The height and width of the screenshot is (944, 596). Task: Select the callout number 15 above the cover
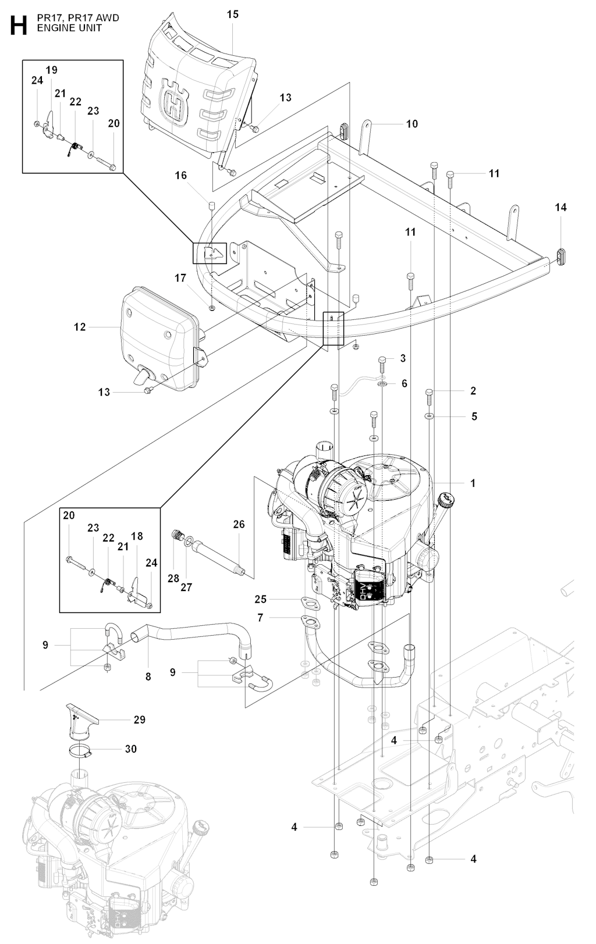(232, 15)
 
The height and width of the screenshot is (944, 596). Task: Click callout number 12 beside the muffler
(80, 327)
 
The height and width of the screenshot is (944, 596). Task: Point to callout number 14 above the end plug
(560, 207)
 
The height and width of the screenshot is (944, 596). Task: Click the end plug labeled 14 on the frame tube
(562, 255)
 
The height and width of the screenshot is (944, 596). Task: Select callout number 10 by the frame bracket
(411, 124)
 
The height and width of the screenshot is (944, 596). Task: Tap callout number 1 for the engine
(473, 483)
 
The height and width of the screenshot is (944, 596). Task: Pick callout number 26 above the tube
(239, 524)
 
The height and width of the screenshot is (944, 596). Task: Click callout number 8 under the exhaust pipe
(148, 676)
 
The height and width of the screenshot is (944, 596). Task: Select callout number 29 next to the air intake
(139, 719)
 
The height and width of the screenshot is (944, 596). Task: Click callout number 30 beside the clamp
(131, 749)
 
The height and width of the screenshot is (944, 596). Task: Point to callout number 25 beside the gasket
(260, 599)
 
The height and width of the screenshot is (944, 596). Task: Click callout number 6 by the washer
(404, 384)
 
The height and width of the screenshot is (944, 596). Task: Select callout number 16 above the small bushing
(181, 175)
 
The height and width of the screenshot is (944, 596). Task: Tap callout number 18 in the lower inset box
(137, 536)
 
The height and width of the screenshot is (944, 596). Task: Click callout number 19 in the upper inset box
(51, 70)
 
